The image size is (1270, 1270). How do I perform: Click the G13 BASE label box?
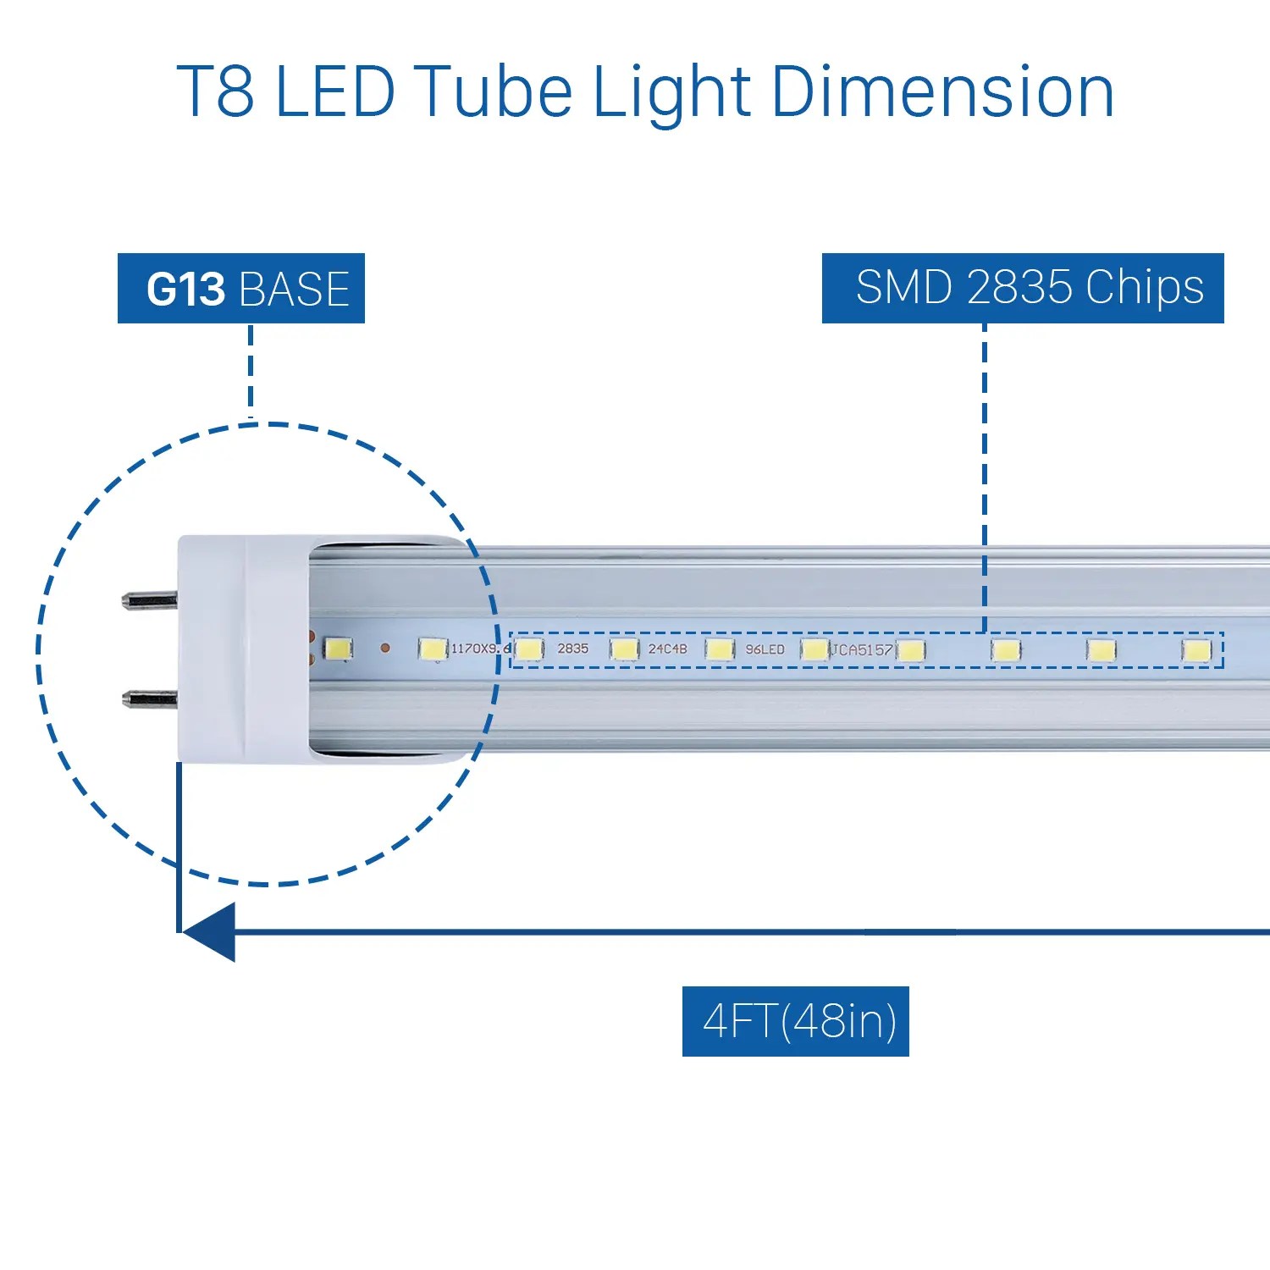tap(241, 289)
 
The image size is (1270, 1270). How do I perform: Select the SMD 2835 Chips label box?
tap(1023, 288)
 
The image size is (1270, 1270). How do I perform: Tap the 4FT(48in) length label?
tap(796, 1021)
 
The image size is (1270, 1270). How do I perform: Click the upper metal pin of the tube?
tap(149, 600)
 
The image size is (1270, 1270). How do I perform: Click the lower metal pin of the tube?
tap(149, 699)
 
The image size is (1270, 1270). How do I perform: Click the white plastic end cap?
tap(241, 648)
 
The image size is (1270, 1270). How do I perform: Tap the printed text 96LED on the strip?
tap(765, 649)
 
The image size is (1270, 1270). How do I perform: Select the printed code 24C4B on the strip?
tap(667, 649)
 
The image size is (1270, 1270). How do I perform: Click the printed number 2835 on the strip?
tap(572, 649)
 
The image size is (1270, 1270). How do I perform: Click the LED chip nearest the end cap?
tap(339, 649)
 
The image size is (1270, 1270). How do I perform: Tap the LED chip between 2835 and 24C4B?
tap(624, 649)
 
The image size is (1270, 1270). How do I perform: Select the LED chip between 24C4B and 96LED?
tap(719, 649)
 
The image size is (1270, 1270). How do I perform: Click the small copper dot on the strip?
tap(385, 648)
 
